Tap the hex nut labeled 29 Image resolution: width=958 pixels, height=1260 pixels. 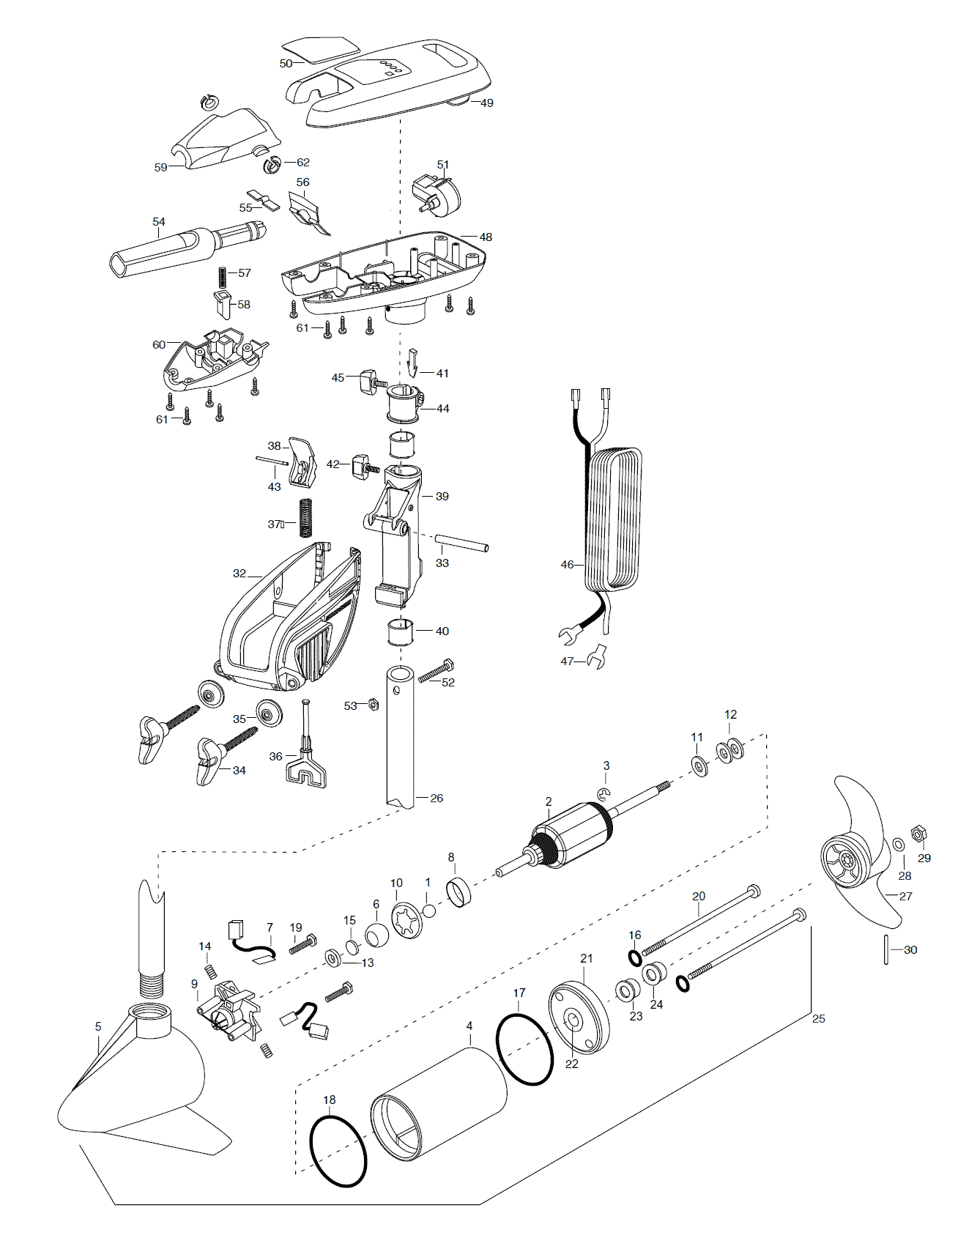pyautogui.click(x=916, y=834)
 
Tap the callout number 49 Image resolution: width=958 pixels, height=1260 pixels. pyautogui.click(x=487, y=103)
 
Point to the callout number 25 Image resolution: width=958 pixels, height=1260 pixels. pyautogui.click(x=819, y=1018)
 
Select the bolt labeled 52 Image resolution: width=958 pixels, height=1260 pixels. pyautogui.click(x=436, y=670)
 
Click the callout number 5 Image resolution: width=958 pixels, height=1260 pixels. pyautogui.click(x=98, y=1026)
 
